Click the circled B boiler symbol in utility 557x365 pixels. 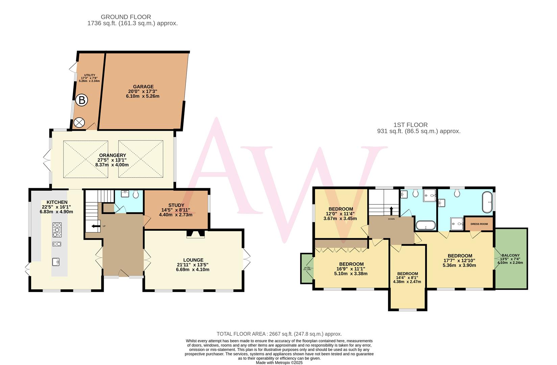[x=81, y=100]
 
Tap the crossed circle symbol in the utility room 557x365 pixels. [x=79, y=122]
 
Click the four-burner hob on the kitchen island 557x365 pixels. [x=57, y=230]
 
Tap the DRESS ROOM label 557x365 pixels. [x=479, y=224]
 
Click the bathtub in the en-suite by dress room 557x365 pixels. [x=487, y=202]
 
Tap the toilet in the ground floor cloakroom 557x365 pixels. [x=136, y=195]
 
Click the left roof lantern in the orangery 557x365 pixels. [x=86, y=159]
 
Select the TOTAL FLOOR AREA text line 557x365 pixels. [x=279, y=334]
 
